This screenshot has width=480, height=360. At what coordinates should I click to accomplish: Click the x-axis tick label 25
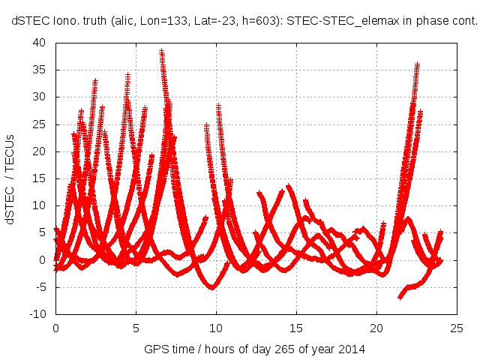point(457,328)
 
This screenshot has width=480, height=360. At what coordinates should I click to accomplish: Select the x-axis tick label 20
point(376,328)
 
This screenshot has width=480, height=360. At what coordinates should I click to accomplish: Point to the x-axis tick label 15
point(296,328)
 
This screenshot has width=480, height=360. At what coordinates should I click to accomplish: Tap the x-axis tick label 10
point(216,328)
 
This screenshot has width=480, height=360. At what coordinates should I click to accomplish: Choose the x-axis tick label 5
point(136,328)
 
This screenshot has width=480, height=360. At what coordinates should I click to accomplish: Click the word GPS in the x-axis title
point(155,350)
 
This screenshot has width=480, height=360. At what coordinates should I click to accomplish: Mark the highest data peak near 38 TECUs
point(161,52)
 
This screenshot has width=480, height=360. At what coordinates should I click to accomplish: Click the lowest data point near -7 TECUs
point(400,297)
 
